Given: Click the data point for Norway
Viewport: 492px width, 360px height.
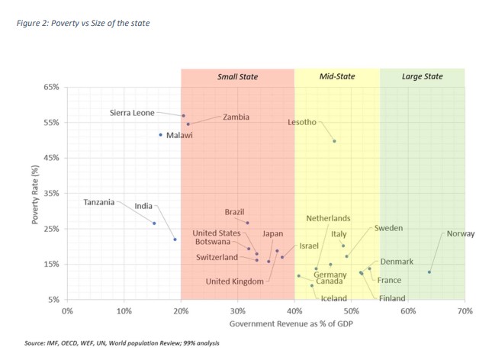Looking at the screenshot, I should tap(429, 272).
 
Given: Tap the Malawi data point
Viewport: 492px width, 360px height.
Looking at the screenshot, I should tap(161, 134).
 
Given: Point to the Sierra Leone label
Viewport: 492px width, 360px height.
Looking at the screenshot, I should tap(133, 113).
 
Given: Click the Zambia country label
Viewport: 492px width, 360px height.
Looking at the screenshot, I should tap(236, 117).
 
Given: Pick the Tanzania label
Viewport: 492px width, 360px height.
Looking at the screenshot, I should tap(99, 202).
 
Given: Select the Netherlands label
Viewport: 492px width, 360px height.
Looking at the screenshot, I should tap(328, 218).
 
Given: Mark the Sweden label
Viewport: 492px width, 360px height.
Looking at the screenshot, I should tap(388, 228).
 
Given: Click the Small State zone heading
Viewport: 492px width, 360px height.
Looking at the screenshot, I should tap(237, 77).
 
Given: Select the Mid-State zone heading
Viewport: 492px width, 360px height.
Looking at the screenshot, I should tap(336, 77).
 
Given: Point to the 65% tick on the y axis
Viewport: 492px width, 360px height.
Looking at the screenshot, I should tap(50, 88).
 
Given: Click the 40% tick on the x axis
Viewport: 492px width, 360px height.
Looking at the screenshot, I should tap(294, 311).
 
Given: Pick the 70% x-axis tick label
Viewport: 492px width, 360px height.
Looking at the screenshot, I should tap(465, 311).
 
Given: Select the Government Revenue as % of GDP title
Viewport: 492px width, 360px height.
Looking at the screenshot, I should tap(265, 325).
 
